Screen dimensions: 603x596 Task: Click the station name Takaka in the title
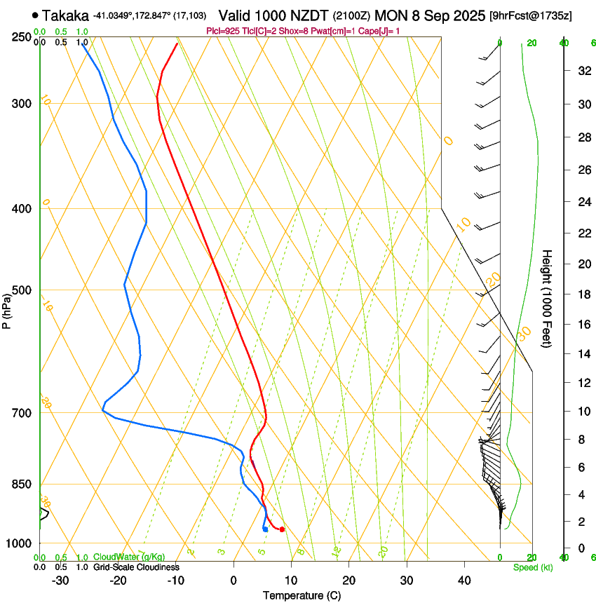[x=65, y=15]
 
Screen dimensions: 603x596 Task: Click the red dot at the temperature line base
[x=282, y=529]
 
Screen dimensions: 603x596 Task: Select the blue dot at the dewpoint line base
[x=265, y=529]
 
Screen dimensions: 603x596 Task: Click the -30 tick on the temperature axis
[x=60, y=580]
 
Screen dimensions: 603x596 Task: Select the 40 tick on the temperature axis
[x=464, y=580]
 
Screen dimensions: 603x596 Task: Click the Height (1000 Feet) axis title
[x=548, y=299]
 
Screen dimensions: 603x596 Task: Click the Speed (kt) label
[x=533, y=567]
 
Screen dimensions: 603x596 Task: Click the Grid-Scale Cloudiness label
[x=136, y=567]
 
